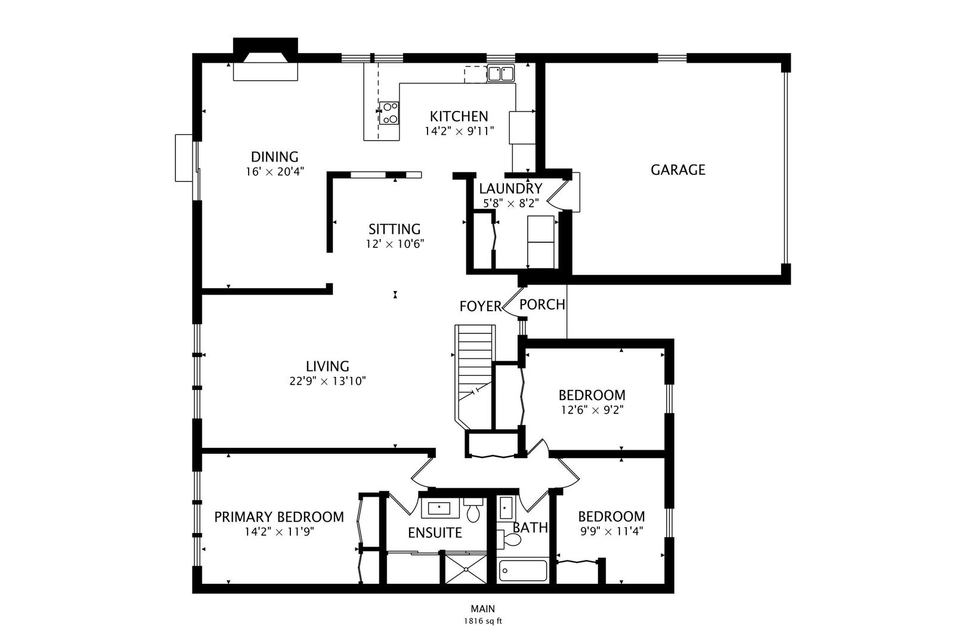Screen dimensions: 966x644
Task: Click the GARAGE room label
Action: pos(678,170)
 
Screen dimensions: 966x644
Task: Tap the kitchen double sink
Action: pos(501,73)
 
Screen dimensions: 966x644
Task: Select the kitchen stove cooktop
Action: pos(389,113)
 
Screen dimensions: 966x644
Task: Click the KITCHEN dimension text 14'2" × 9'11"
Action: pos(459,131)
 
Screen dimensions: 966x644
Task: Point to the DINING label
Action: pos(275,157)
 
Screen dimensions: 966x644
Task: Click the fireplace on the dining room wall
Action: pos(265,59)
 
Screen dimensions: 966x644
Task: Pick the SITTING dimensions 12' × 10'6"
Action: pos(395,244)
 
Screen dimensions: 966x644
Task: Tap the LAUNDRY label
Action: pos(510,188)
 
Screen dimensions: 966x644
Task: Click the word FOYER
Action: pos(481,306)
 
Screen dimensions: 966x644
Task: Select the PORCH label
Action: pos(542,305)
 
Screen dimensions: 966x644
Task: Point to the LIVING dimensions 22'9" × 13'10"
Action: pos(327,381)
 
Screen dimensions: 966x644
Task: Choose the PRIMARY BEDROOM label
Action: pos(279,517)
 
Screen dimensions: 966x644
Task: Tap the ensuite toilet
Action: pos(473,510)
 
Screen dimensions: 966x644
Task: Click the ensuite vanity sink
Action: pos(440,508)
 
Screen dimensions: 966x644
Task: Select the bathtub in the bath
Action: pos(523,570)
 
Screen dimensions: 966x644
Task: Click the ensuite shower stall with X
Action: pos(466,569)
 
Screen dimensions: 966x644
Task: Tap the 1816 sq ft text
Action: pos(483,621)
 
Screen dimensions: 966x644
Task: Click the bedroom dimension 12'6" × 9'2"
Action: pos(592,410)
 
